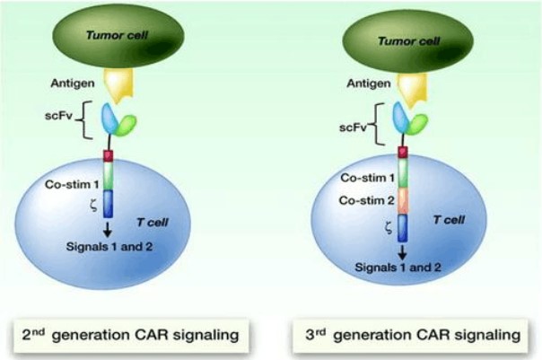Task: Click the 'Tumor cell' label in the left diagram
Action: pos(117,35)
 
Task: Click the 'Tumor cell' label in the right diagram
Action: pos(408,41)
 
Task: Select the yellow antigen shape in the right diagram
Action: pos(411,89)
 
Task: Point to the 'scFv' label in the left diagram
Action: pos(58,116)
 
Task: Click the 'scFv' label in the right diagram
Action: pos(353,127)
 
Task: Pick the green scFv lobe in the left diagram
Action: pos(126,125)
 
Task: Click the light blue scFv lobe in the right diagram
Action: pos(401,118)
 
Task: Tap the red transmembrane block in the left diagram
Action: pos(109,156)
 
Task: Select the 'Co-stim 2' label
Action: pos(366,200)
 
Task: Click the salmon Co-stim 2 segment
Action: pos(402,201)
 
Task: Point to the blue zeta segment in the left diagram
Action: pos(109,204)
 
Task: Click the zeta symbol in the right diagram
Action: pos(389,228)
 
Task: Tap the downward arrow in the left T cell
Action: pos(108,229)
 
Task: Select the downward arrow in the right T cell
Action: pos(402,251)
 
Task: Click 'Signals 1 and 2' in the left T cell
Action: pos(109,247)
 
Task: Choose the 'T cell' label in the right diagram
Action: pos(449,220)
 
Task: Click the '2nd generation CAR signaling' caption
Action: pos(131,335)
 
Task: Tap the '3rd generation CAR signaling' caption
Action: pos(413,335)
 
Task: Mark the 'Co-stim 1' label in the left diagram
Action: pos(72,184)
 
